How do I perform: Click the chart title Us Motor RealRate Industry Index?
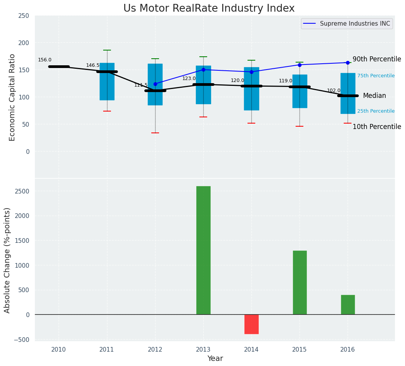[209, 9]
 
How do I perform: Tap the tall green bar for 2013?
[203, 250]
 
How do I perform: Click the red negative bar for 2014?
[251, 324]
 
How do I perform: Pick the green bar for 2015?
[299, 282]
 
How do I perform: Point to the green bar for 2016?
[348, 305]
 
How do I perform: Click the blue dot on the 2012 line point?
[155, 84]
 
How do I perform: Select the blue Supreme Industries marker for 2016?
[348, 63]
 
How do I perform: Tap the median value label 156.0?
[45, 60]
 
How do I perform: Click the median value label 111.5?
[141, 85]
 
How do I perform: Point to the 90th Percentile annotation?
[377, 59]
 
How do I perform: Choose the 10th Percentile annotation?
[377, 127]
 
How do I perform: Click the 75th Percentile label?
[376, 76]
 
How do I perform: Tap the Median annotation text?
[374, 96]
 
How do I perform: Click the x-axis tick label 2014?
[251, 350]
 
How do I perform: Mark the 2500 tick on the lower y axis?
[22, 191]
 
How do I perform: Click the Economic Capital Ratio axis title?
[12, 97]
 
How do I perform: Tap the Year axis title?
[215, 359]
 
